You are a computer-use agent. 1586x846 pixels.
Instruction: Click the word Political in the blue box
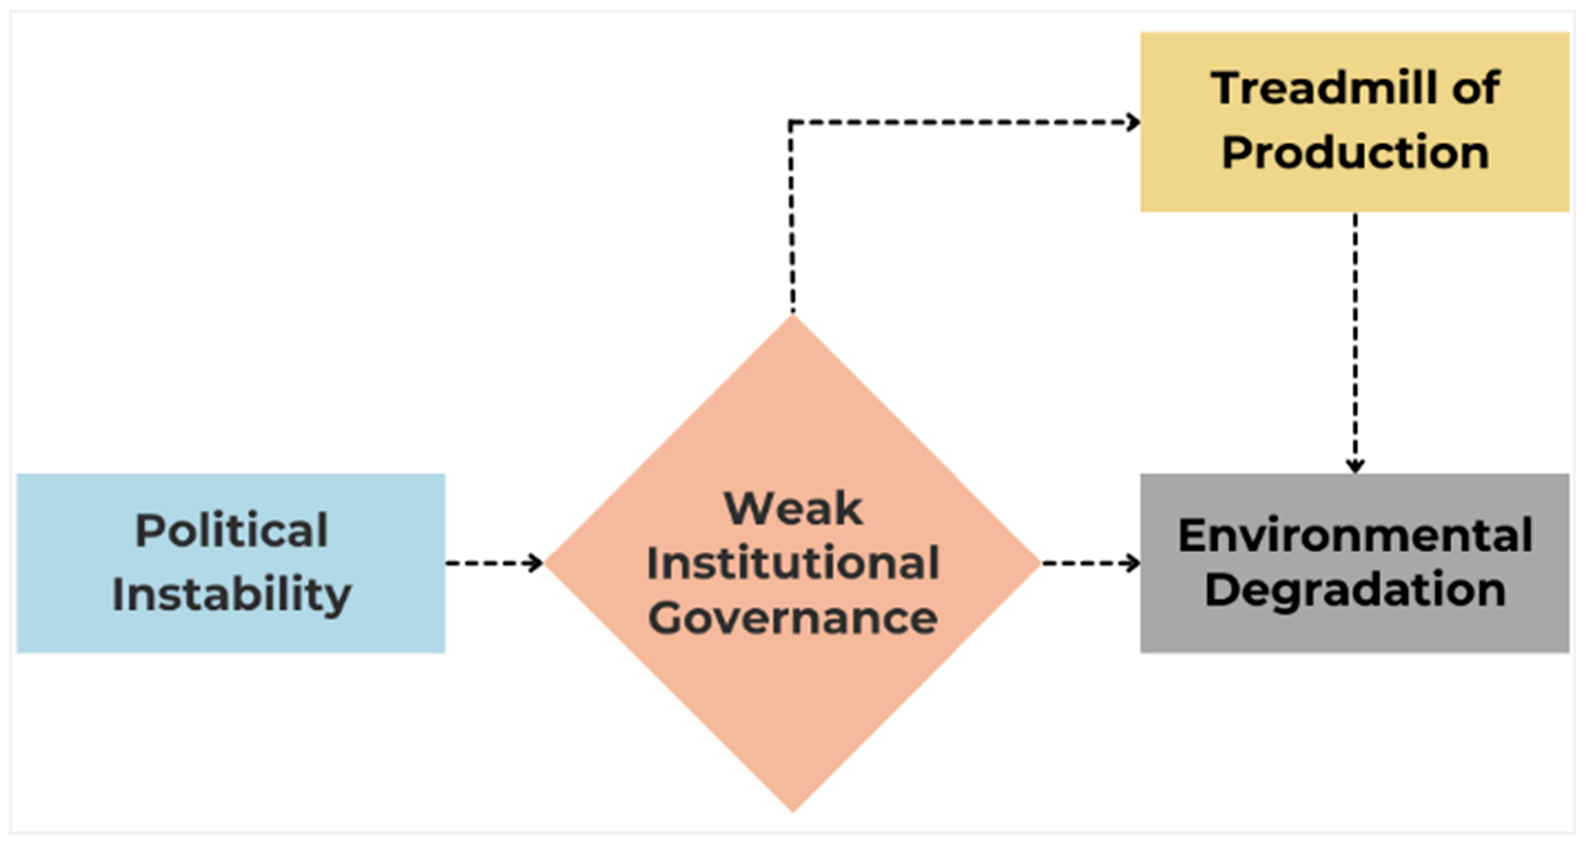231,532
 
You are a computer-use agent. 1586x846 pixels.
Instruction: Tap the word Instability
231,595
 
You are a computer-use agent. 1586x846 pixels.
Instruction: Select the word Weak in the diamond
793,508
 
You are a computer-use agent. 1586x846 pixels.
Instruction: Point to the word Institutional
793,563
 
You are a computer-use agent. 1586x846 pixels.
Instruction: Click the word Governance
793,619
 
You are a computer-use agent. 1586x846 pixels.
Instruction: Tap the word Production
1355,152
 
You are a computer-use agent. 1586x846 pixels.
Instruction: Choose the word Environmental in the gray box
1355,535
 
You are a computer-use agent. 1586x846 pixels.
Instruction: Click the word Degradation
1355,589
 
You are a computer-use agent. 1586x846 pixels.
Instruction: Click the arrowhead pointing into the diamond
536,563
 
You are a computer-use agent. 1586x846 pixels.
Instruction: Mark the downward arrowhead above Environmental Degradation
1355,466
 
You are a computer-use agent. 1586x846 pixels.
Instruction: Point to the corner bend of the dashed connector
791,123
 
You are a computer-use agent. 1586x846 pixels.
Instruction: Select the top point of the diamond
793,317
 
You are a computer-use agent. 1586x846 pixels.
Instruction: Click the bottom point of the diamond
793,809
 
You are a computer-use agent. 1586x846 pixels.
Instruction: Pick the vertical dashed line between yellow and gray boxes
1355,340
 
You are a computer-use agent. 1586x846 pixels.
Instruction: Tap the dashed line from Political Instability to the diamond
490,563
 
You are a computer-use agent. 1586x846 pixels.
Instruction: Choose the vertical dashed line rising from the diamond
792,219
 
